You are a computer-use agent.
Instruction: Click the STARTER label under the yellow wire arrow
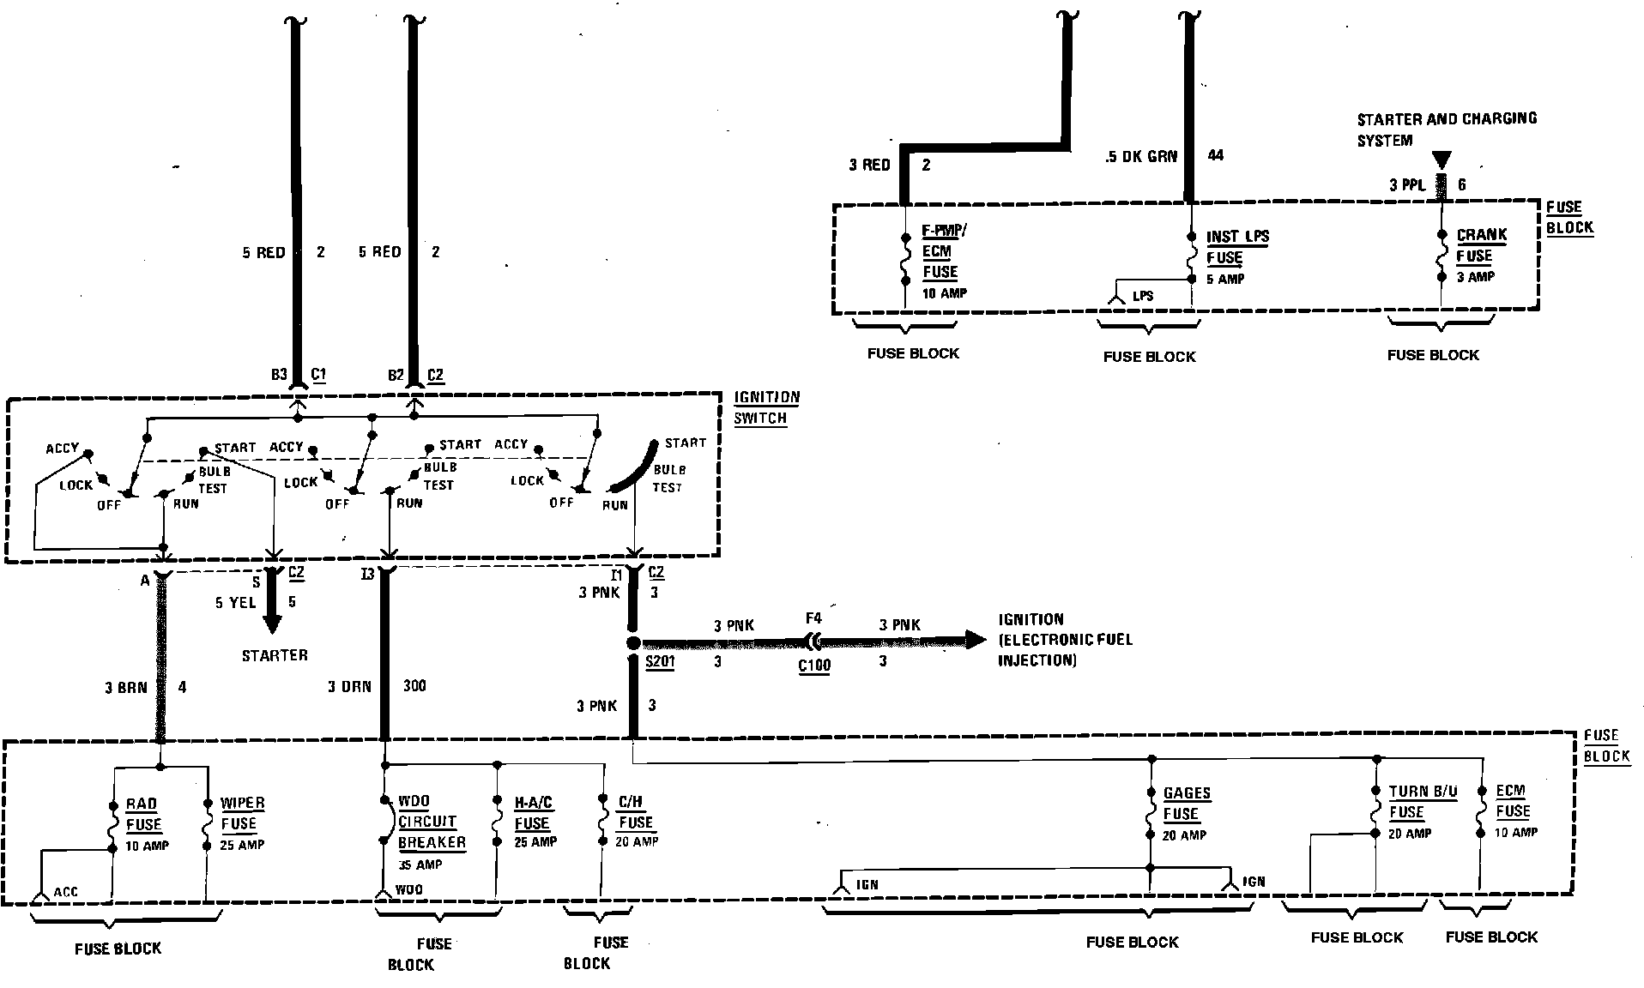274,655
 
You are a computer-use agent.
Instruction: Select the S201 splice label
660,662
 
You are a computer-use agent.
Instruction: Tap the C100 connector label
813,665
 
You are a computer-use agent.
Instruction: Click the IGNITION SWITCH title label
766,408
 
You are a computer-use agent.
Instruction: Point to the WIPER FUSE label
242,814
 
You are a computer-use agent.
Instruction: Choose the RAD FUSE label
142,815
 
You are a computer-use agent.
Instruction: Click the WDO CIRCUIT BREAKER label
431,822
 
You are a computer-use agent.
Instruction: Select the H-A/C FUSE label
533,813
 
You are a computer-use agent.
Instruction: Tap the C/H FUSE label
635,812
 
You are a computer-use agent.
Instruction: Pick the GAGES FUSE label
1186,804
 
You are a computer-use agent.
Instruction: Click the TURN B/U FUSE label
1423,802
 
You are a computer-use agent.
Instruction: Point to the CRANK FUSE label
1481,245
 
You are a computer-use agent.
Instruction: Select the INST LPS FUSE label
1236,247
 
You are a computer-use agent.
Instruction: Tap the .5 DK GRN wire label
1140,157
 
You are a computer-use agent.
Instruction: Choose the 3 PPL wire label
1407,184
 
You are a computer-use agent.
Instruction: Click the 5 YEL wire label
235,603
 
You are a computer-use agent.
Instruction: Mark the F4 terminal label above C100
813,617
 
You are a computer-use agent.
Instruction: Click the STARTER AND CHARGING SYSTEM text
1446,129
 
